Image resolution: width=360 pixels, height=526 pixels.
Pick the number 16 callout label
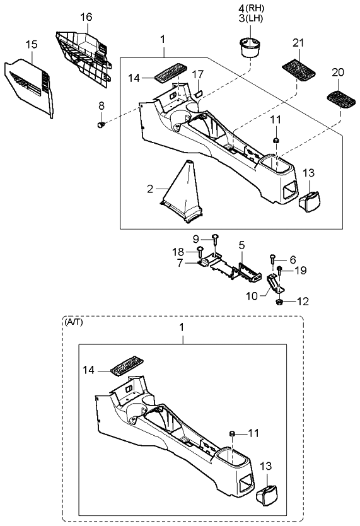(86, 16)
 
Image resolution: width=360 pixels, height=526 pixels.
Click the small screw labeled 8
(100, 126)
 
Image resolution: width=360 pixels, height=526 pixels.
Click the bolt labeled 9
(216, 238)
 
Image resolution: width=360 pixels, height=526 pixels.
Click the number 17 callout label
(198, 73)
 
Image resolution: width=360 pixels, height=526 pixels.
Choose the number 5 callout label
(241, 244)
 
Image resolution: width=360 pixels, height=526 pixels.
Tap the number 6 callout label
(293, 259)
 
